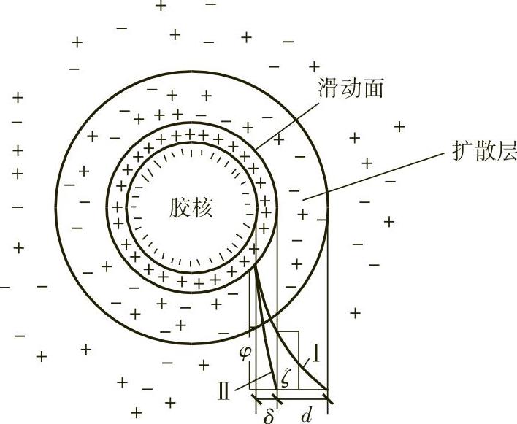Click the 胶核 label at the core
[x=189, y=209]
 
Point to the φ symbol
[x=245, y=353]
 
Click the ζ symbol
[x=287, y=378]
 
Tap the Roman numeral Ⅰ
[x=316, y=355]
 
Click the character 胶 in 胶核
[x=178, y=209]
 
